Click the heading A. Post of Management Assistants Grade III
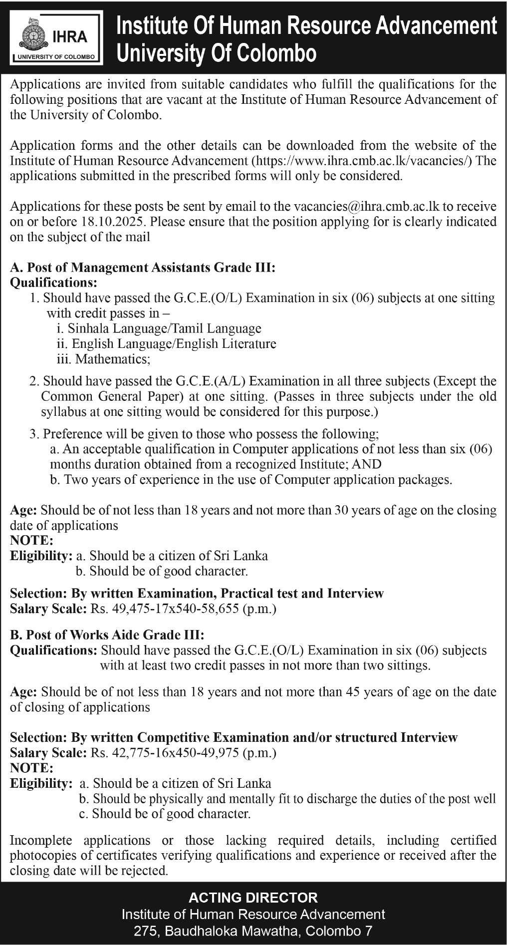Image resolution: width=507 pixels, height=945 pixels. [x=143, y=268]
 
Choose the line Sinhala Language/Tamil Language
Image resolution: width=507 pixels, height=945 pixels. [x=164, y=328]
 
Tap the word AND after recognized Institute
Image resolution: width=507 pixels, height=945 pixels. [x=367, y=464]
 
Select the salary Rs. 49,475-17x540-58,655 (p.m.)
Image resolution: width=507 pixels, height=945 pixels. [x=183, y=609]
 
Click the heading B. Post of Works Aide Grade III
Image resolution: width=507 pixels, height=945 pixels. [x=107, y=635]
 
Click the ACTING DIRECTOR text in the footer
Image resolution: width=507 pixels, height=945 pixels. [x=253, y=898]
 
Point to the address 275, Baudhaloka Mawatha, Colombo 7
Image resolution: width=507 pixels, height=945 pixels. [x=253, y=931]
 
